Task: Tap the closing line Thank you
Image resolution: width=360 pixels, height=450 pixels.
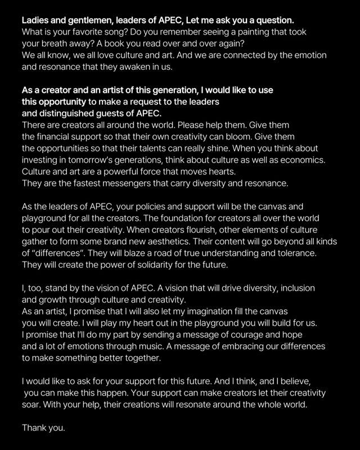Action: click(x=43, y=428)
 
